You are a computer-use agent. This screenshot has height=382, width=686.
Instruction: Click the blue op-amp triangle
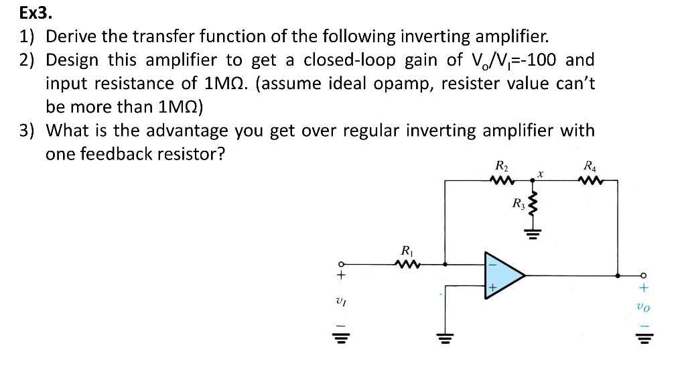coord(502,275)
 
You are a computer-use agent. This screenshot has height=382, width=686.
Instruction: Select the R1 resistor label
coord(406,251)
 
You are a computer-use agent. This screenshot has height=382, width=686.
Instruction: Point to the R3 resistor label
coord(518,202)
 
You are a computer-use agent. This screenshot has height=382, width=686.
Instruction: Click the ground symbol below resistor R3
coord(534,234)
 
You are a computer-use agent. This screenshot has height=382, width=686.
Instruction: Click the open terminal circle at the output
coord(644,275)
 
